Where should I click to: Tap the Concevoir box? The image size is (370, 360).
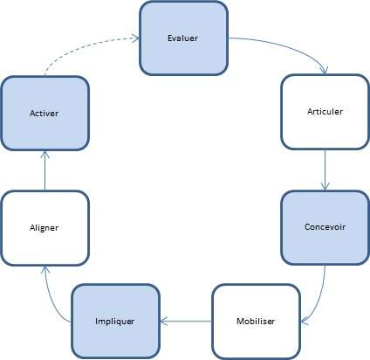[325, 227]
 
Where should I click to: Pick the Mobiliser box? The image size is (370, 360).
[256, 321]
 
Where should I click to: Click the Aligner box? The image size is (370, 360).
[45, 227]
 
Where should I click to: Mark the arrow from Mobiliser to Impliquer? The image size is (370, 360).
[185, 321]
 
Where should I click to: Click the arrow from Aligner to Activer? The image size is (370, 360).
[45, 170]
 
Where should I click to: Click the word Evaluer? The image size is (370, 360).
[184, 38]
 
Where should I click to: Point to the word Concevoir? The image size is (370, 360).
[325, 227]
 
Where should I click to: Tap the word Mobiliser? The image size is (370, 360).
[256, 321]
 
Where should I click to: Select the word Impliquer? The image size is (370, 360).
[113, 321]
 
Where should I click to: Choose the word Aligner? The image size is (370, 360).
[45, 227]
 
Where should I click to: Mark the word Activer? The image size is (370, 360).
[45, 114]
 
